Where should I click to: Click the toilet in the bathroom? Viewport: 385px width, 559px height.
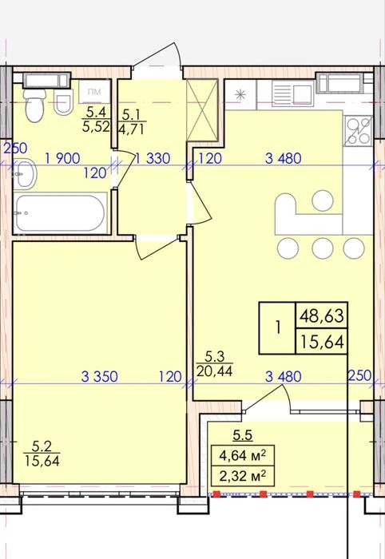pos(35,105)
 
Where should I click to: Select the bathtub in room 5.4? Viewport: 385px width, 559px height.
pos(62,213)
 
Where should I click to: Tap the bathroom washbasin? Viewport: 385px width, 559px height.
pos(26,174)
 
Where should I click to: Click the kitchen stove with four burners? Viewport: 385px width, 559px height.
pos(359,131)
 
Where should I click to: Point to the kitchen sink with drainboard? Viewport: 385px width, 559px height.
pos(293,93)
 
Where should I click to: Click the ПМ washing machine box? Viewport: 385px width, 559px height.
pos(94,92)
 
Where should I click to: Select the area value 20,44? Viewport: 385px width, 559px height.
pos(214,371)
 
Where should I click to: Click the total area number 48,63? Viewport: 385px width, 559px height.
pos(322,316)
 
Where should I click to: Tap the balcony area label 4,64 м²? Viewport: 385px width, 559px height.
pos(243,456)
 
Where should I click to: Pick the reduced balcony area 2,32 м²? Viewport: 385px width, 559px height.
pos(243,476)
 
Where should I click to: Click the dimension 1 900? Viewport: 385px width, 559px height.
pos(63,158)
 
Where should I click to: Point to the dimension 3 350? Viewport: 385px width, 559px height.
pos(100,376)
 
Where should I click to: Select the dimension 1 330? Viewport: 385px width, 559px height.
pos(153,158)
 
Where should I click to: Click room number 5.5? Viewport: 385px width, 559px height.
pos(243,435)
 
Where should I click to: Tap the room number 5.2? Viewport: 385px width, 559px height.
pos(42,446)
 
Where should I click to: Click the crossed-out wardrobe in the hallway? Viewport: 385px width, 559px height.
pos(202,110)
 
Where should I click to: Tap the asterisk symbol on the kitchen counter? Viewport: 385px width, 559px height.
pos(240,94)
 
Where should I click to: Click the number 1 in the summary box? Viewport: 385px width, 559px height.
pos(278,327)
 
